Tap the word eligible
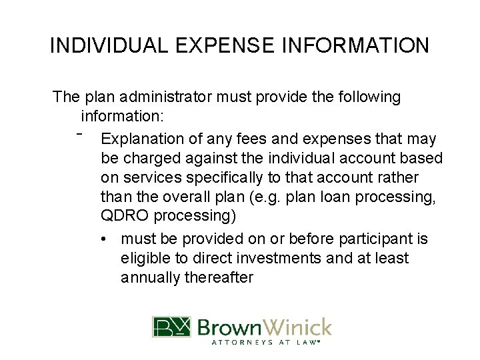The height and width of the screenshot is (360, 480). [145, 258]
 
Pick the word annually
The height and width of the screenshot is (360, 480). [149, 277]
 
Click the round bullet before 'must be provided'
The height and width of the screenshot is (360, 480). [106, 239]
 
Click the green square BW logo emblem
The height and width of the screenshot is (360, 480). [172, 327]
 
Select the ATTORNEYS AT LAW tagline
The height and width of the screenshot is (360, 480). [263, 343]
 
